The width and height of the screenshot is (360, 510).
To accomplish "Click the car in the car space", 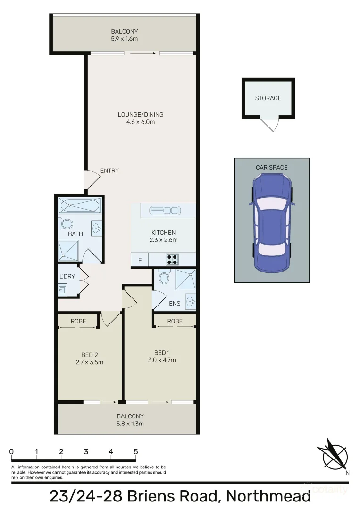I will click(272, 223).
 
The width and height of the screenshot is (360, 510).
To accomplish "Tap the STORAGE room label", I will click(268, 98).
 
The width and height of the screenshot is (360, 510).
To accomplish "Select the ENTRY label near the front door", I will click(109, 171).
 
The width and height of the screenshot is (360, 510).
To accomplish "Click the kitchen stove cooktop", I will click(172, 260).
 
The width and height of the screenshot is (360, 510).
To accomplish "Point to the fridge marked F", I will click(140, 260).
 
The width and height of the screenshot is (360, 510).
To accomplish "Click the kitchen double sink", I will click(165, 210).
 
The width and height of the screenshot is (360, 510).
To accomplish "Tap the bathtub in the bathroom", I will click(79, 205).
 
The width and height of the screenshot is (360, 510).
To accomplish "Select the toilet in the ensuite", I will click(164, 278).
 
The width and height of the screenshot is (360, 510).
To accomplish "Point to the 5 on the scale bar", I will click(136, 451).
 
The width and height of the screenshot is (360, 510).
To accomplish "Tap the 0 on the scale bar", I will click(11, 451).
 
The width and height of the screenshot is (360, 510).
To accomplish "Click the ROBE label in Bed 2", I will click(78, 321).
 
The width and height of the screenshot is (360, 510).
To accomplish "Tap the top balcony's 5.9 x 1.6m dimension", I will click(124, 39).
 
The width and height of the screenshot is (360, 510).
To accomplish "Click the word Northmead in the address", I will click(268, 497).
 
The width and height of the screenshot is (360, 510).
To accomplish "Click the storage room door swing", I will click(271, 124).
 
